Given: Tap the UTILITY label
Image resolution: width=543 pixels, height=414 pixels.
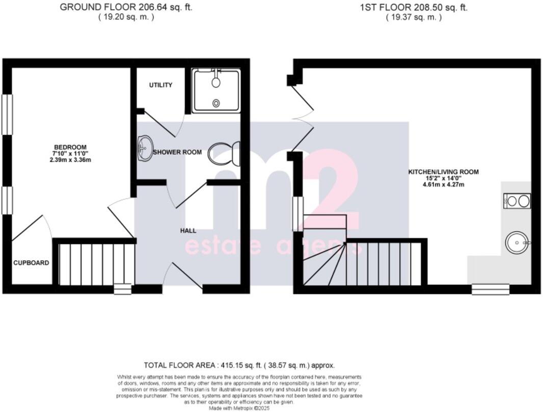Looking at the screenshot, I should click(160, 85).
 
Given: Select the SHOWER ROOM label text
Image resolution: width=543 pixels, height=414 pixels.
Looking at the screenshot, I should click(177, 152).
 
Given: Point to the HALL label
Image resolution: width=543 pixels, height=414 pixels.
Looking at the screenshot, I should click(188, 231).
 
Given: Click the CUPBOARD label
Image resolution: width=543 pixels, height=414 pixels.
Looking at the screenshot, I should click(31, 263).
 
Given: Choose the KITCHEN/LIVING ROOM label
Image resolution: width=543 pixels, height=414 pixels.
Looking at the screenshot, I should click(443, 172).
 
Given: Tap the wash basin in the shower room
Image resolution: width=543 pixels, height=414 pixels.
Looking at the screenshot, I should click(145, 148).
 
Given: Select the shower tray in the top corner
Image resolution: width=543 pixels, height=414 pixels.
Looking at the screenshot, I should click(216, 91).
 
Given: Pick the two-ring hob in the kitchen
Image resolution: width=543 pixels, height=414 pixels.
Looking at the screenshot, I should click(517, 201).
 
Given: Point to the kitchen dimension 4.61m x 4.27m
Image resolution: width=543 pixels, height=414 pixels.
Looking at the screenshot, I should click(443, 184).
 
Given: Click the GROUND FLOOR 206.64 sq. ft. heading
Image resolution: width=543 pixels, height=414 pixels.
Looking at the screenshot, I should click(126, 8).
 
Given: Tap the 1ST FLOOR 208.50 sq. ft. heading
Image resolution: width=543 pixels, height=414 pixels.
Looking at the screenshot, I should click(413, 8).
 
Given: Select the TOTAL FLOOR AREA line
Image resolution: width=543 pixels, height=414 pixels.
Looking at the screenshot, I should click(239, 365).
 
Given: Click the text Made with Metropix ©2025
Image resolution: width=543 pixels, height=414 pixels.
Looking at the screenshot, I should click(239, 408).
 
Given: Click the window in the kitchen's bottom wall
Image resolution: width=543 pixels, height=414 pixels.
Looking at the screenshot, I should click(490, 289).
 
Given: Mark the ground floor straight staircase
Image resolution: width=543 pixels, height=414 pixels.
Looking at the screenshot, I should click(94, 264).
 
